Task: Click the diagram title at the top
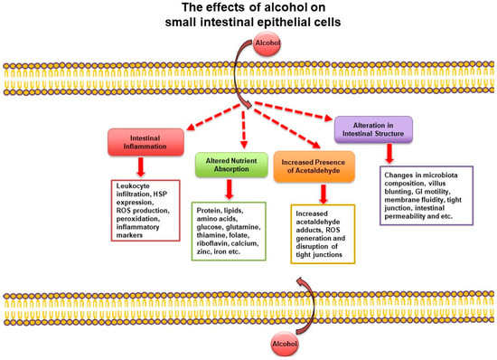(x=248, y=17)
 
